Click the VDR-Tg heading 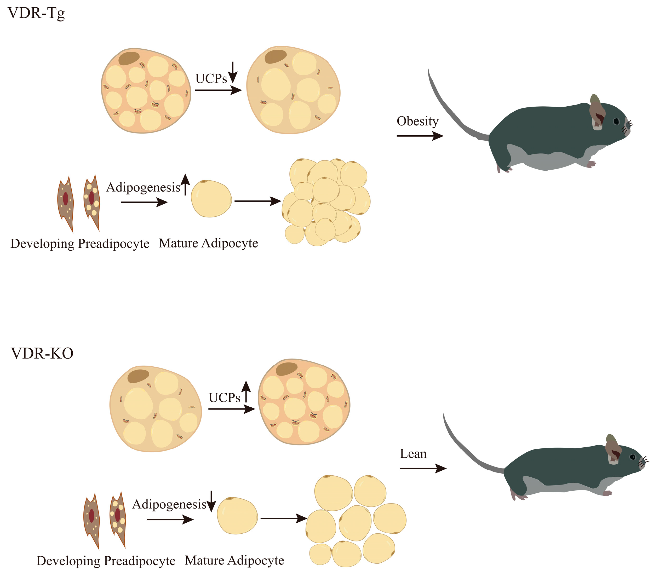tap(36, 14)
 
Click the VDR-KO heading tap(42, 353)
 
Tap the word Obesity tap(417, 122)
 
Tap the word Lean tap(413, 454)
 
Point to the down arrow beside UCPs tap(233, 72)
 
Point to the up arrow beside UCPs tap(246, 391)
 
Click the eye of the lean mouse tap(633, 457)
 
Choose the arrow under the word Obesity tap(420, 136)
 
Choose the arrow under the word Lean tap(423, 468)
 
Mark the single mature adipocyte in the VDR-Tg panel tap(211, 198)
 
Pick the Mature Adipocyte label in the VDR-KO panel tap(234, 561)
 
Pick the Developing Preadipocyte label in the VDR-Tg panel tap(80, 244)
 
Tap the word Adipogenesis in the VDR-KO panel tap(169, 505)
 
